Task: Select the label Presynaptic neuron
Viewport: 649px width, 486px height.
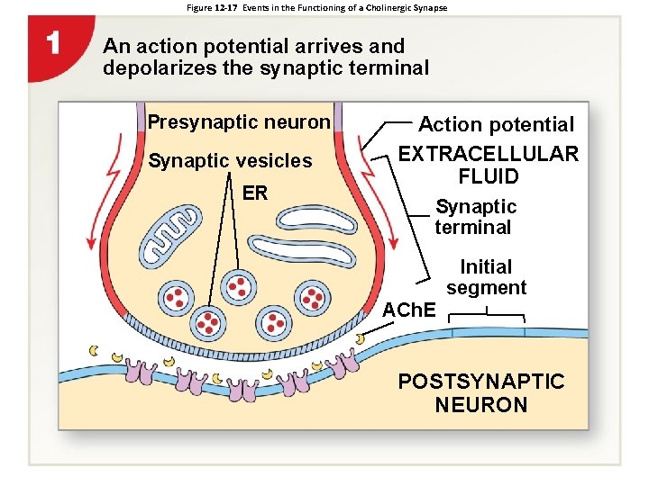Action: click(x=239, y=121)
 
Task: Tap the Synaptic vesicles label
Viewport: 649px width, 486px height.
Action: click(x=230, y=161)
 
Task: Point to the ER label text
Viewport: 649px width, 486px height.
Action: click(x=255, y=193)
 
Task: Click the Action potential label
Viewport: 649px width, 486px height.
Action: click(x=496, y=124)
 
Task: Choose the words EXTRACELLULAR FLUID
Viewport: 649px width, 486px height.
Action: click(x=489, y=165)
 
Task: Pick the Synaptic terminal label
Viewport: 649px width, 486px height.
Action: click(x=475, y=217)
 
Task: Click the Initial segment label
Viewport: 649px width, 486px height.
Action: click(x=486, y=277)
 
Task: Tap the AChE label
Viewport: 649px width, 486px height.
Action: click(x=409, y=310)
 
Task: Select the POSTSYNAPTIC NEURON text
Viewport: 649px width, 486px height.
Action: click(x=481, y=393)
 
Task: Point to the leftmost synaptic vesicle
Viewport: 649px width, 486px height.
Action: click(x=176, y=297)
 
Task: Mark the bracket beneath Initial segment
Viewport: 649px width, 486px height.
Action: click(x=487, y=315)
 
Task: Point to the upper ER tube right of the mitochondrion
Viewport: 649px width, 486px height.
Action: click(x=315, y=217)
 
